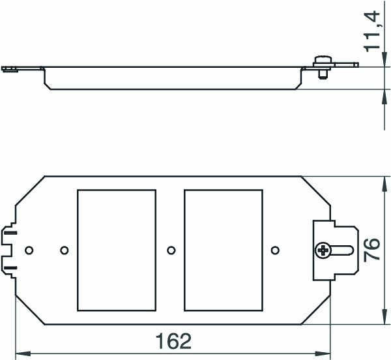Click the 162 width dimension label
173,341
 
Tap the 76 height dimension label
372,250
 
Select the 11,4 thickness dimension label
372,31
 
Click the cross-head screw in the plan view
323,250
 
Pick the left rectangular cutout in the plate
117,250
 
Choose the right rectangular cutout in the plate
224,250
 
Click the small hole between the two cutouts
171,250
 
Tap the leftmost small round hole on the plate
29,250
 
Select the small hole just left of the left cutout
65,250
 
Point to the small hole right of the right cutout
275,250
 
